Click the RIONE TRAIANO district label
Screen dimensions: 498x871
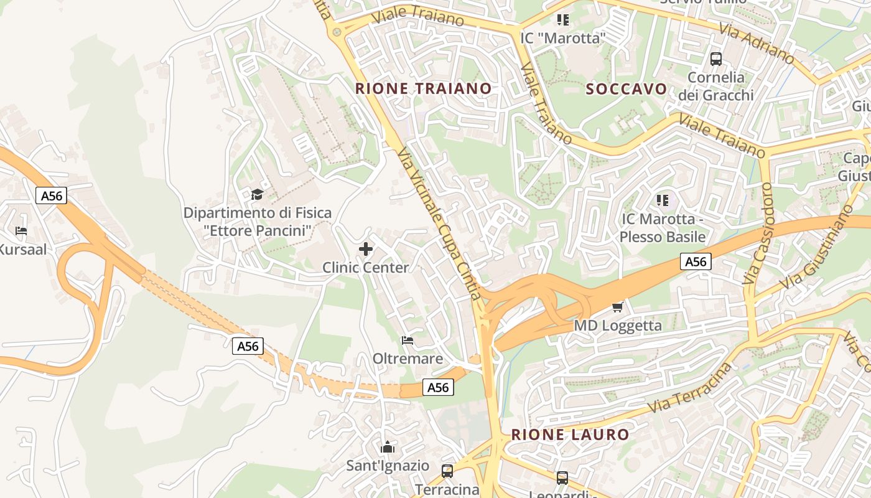(x=423, y=88)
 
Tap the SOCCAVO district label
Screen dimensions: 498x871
(x=626, y=88)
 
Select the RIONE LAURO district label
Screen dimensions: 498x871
(x=570, y=435)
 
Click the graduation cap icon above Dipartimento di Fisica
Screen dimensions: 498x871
(x=257, y=195)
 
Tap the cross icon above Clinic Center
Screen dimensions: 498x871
(x=366, y=250)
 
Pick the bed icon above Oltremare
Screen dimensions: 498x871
(x=408, y=341)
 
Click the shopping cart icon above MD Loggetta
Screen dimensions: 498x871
(x=617, y=307)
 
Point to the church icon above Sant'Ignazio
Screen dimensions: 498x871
(x=388, y=447)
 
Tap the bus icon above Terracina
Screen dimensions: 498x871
(x=447, y=471)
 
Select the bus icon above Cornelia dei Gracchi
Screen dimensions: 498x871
(x=716, y=59)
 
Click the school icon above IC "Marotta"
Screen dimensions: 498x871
(x=563, y=20)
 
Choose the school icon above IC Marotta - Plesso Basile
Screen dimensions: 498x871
(x=662, y=200)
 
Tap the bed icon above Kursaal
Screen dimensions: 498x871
(x=21, y=231)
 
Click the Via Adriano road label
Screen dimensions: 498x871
(x=757, y=44)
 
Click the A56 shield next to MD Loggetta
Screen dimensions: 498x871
(x=695, y=261)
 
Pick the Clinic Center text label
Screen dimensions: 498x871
(x=365, y=268)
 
